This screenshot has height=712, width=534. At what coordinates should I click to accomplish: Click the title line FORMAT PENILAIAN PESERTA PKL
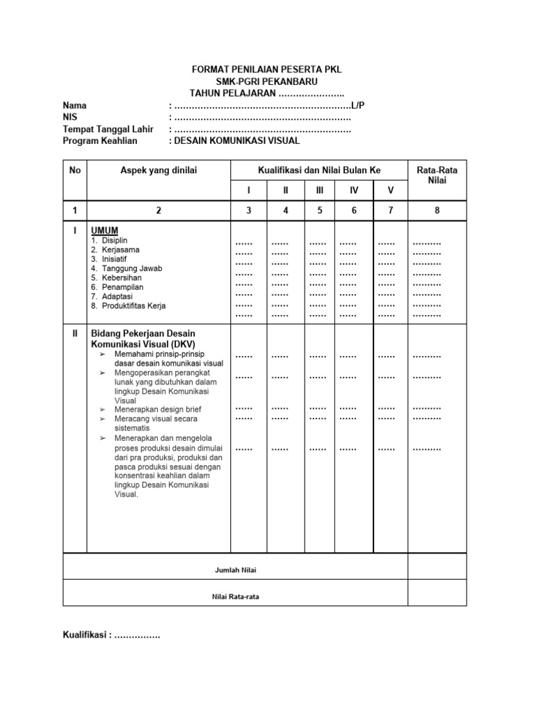(x=266, y=70)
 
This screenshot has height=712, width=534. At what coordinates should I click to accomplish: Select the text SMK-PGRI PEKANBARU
(x=266, y=81)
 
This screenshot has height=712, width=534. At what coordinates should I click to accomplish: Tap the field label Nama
(x=75, y=105)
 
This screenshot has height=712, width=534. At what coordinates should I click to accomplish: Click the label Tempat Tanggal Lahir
(x=108, y=129)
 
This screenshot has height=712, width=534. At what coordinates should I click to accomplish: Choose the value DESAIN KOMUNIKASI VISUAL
(x=236, y=140)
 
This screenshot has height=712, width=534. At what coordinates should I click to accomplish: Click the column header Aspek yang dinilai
(x=159, y=170)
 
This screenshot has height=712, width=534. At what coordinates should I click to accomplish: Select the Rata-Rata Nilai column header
(x=437, y=175)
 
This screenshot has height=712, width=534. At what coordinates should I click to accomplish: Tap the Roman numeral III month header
(x=319, y=190)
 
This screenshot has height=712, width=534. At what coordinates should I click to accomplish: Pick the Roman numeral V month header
(x=390, y=190)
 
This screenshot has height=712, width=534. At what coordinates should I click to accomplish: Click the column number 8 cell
(x=437, y=210)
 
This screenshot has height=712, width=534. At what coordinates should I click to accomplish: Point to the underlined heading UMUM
(x=104, y=230)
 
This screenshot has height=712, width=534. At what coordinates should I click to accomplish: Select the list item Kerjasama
(x=120, y=250)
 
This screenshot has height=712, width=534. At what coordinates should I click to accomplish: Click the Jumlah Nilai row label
(x=236, y=570)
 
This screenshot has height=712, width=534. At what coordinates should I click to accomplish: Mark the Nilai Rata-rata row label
(x=236, y=597)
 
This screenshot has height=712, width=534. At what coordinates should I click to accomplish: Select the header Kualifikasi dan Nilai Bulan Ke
(x=319, y=170)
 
